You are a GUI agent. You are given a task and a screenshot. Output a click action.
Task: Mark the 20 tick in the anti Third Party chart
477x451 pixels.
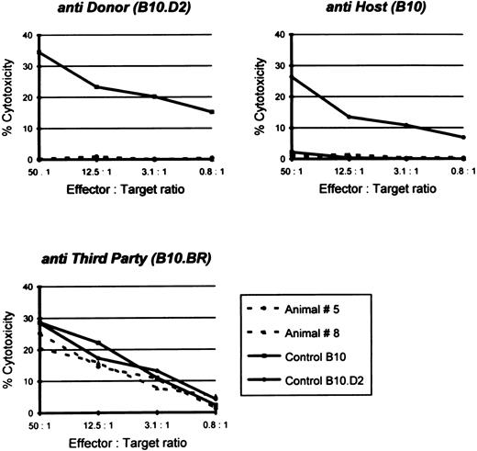click(x=26, y=350)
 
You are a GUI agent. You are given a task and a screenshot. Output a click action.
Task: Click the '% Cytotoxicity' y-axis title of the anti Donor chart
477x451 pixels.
click(x=7, y=97)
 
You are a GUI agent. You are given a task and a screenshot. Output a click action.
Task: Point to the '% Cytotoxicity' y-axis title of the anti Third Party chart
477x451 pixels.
click(x=7, y=349)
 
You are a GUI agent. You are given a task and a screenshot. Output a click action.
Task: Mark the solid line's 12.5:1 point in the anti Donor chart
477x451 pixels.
click(x=94, y=87)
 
